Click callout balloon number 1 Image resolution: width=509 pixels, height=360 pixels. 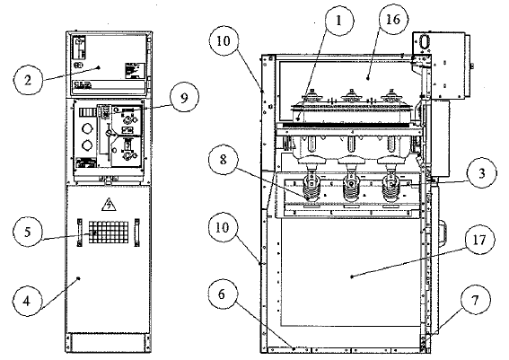click(339, 22)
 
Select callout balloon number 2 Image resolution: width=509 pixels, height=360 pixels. click(28, 80)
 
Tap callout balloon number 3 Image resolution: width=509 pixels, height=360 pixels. click(482, 173)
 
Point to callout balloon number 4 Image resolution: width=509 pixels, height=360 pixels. click(27, 302)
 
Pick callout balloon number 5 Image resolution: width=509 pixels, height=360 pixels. click(28, 232)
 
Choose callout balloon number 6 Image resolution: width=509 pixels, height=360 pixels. click(222, 295)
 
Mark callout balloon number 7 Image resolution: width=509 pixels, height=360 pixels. click(475, 301)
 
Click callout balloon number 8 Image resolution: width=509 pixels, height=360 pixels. click(224, 160)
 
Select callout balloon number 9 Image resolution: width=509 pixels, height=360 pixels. click(184, 98)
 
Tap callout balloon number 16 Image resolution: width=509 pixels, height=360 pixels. click(393, 20)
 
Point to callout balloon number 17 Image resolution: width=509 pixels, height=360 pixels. click(479, 240)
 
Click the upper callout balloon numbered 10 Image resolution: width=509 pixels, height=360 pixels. click(224, 41)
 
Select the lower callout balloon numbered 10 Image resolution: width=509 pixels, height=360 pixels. click(223, 227)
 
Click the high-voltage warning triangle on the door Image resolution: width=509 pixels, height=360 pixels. click(109, 206)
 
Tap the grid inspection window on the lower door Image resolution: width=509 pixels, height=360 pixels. click(109, 233)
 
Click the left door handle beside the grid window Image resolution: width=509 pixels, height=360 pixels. click(79, 233)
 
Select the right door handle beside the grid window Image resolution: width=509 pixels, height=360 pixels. click(137, 233)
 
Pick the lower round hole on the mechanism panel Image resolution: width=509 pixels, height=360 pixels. click(87, 145)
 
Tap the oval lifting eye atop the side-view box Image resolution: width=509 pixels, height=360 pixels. click(424, 42)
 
